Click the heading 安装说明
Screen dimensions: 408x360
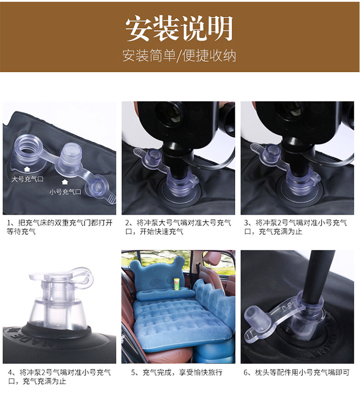point(180,29)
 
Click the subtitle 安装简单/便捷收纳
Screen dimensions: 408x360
point(180,55)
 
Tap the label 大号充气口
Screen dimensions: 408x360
point(27,179)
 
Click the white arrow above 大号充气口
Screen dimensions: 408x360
point(27,170)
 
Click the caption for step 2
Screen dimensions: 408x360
point(178,227)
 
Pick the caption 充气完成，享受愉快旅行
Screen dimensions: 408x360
point(178,372)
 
